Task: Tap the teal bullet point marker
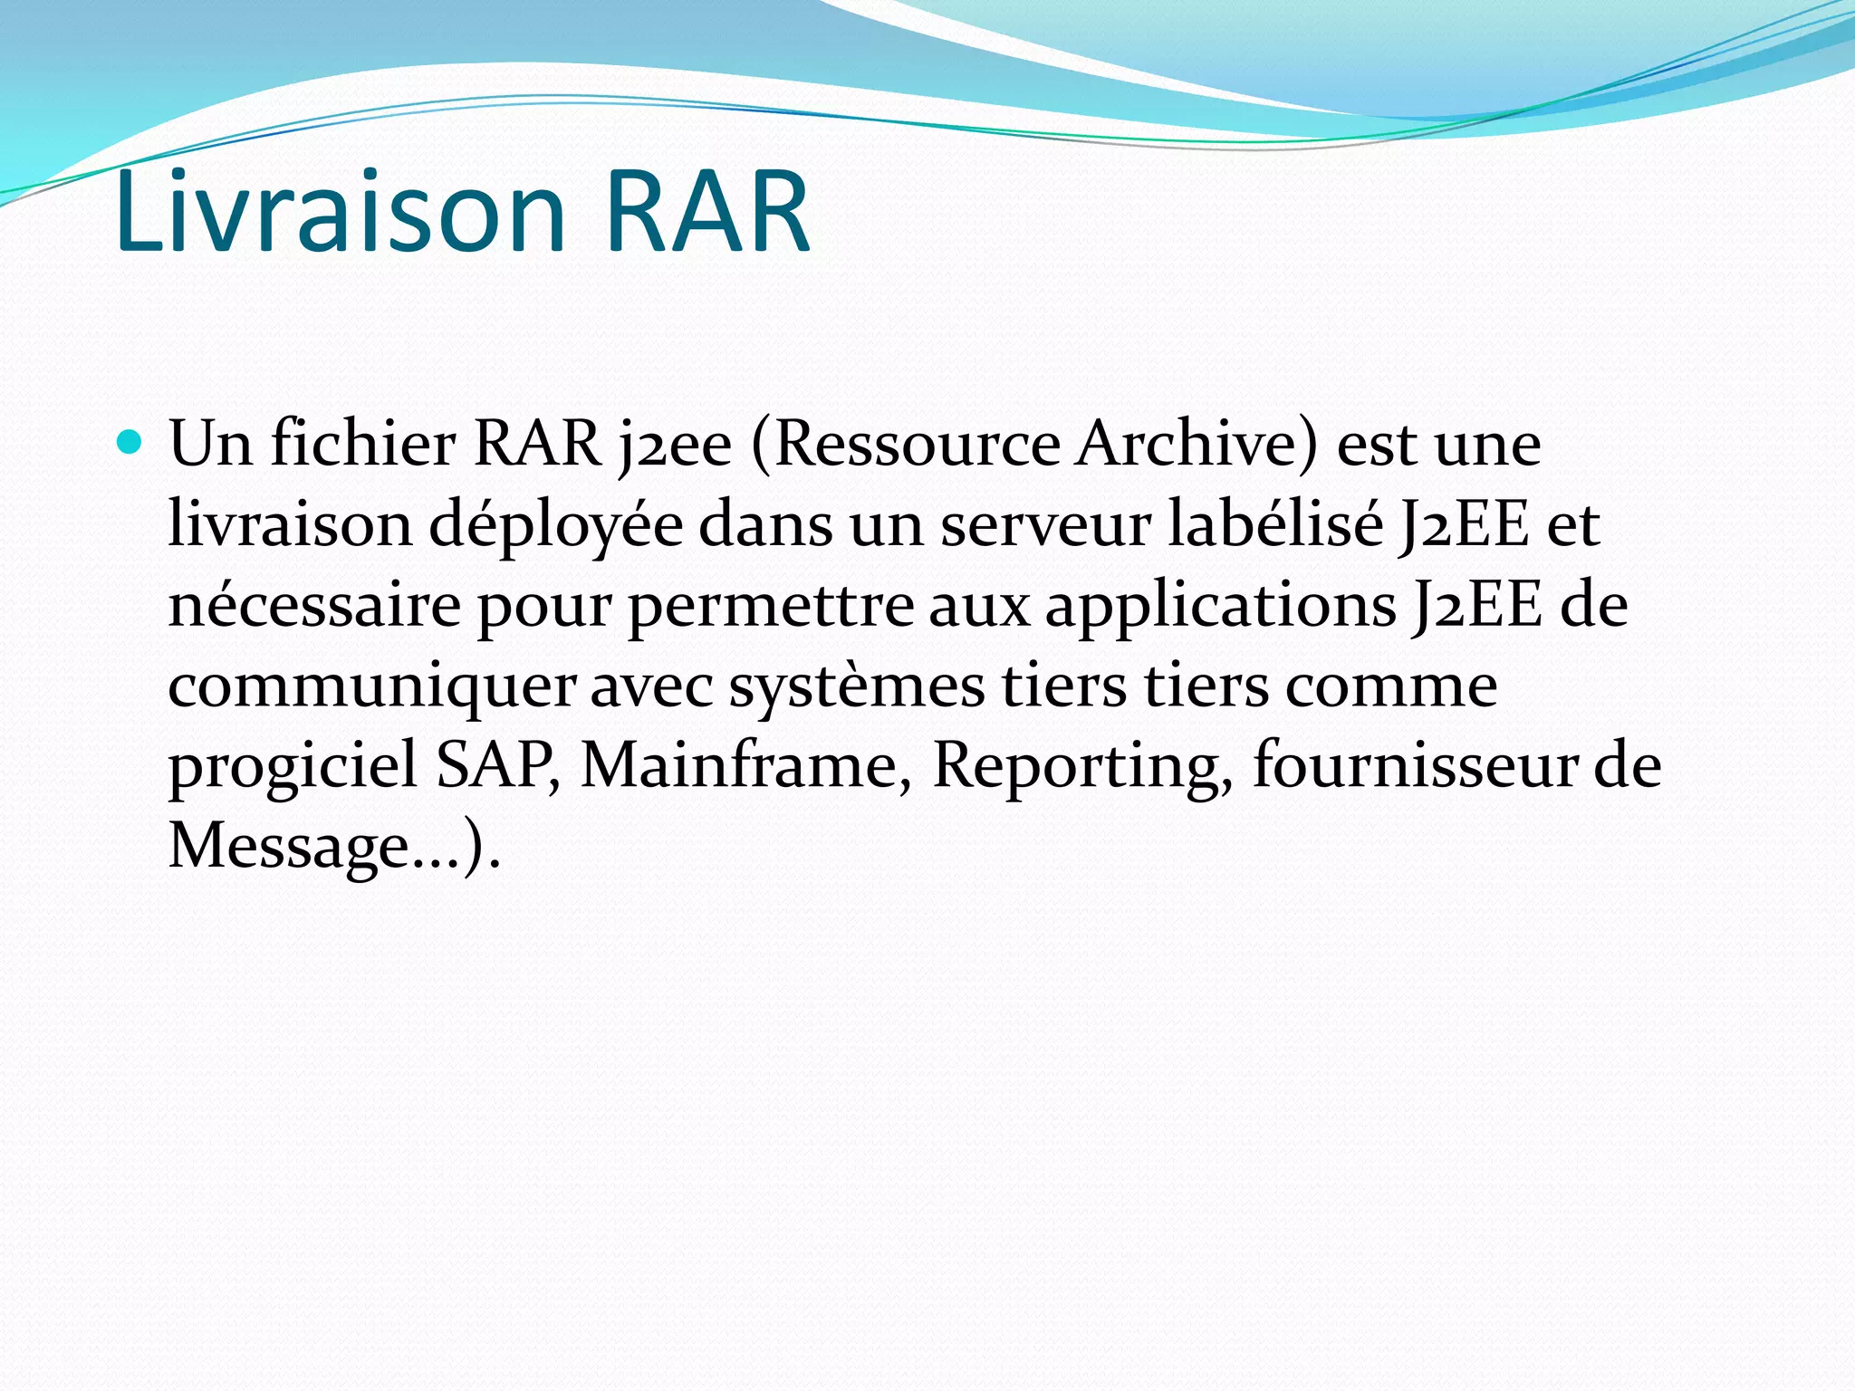(x=130, y=443)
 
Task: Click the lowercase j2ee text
(x=674, y=446)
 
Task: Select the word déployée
(x=555, y=525)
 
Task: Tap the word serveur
(x=1045, y=525)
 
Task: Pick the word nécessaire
(x=314, y=605)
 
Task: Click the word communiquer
(x=371, y=686)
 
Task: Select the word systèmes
(x=857, y=686)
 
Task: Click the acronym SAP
(x=496, y=765)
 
